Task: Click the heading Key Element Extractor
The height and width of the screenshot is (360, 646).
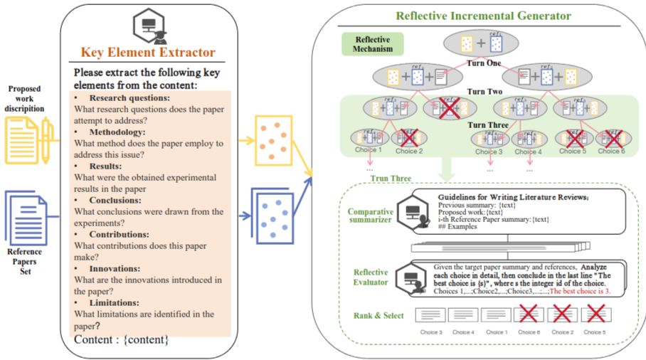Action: [148, 52]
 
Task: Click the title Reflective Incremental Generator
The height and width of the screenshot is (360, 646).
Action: [483, 15]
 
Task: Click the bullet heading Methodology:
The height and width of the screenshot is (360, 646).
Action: [117, 132]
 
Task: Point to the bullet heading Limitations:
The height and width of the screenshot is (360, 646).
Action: [116, 302]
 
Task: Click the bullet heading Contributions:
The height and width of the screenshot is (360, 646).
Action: [119, 234]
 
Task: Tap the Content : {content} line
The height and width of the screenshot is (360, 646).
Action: [121, 339]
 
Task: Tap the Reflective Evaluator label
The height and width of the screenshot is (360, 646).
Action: [371, 277]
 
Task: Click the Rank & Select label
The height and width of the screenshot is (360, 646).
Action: [378, 315]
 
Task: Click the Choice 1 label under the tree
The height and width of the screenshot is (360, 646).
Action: [369, 151]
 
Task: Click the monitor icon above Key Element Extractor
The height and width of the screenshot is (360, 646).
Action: [149, 26]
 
